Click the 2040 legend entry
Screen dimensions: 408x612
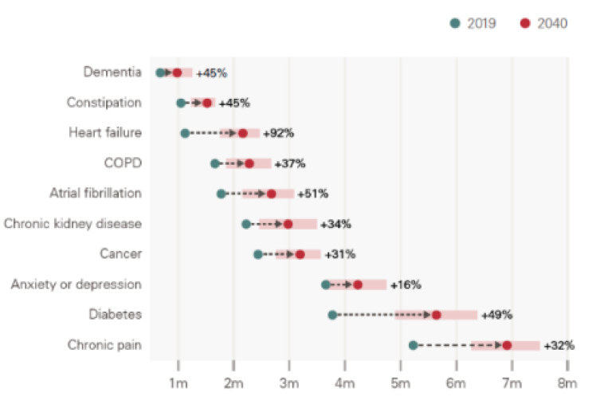[x=544, y=23]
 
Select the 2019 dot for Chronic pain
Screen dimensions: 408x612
[x=413, y=345]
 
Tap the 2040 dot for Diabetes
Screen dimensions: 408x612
[x=436, y=315]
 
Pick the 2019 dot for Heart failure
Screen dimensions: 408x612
[x=185, y=133]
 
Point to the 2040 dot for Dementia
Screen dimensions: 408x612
[x=177, y=73]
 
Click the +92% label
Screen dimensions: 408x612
[x=278, y=133]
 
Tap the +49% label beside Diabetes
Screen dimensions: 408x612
[x=496, y=315]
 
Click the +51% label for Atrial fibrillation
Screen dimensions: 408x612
[x=312, y=194]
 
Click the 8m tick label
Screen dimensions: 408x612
[x=567, y=384]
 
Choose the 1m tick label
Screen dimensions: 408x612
[x=178, y=384]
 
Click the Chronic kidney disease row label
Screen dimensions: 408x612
[x=73, y=224]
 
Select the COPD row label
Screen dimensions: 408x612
[x=123, y=163]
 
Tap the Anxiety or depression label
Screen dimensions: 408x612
[x=76, y=284]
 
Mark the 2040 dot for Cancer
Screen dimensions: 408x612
[x=300, y=254]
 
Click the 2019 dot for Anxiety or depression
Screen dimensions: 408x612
[x=325, y=284]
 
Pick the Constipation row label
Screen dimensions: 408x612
[x=104, y=103]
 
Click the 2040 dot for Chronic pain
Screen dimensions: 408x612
[x=507, y=345]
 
